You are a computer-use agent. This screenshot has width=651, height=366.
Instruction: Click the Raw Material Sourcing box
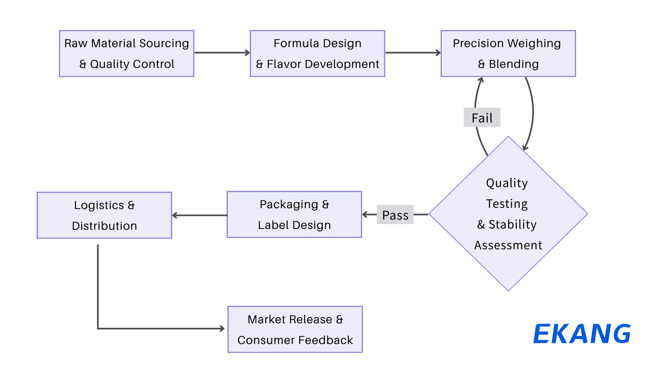(127, 53)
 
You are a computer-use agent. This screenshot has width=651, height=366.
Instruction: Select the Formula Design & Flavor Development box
(317, 53)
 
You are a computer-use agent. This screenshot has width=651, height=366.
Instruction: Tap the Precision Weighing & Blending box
(508, 53)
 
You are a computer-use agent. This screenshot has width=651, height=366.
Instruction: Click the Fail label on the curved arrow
(482, 118)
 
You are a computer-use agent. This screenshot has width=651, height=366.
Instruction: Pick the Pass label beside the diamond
(395, 215)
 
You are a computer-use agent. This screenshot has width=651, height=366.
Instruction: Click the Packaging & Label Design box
(294, 214)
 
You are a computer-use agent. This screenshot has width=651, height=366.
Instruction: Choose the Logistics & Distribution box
(104, 215)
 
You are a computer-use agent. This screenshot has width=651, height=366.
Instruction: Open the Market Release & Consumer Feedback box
(295, 329)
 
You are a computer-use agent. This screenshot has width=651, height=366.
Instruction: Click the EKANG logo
(582, 334)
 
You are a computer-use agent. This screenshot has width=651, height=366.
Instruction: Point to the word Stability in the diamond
(513, 224)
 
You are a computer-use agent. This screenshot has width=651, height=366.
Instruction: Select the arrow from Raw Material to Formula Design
(222, 52)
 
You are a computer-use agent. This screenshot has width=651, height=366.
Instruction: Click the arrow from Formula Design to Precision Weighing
(413, 52)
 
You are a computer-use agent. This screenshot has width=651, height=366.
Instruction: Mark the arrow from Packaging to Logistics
(199, 215)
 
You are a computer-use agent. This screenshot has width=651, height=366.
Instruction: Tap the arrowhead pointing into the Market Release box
(222, 329)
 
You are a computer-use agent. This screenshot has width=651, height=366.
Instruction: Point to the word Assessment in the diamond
(508, 245)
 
